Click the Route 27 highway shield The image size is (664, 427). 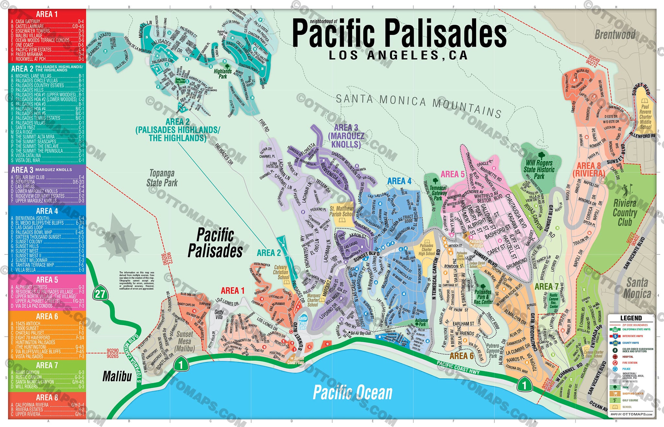coord(100,294)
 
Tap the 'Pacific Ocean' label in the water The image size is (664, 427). coord(352,393)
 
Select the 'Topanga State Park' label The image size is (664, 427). coord(162,178)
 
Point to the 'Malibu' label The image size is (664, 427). coord(117,376)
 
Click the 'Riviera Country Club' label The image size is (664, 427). coord(625,213)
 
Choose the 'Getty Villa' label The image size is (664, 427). coord(219,314)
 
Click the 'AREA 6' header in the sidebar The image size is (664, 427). coord(47,316)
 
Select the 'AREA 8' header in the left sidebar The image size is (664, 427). coord(47,397)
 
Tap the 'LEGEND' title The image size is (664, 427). coord(631,318)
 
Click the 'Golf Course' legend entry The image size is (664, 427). coord(630,400)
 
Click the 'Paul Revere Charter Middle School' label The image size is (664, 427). coord(645,117)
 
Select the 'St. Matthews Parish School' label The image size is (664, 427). coord(341,211)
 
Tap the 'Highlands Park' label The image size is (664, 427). coord(223,74)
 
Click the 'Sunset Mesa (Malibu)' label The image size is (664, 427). coord(184,341)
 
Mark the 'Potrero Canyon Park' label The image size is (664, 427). coord(492,351)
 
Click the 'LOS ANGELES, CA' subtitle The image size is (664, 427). coord(398,55)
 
